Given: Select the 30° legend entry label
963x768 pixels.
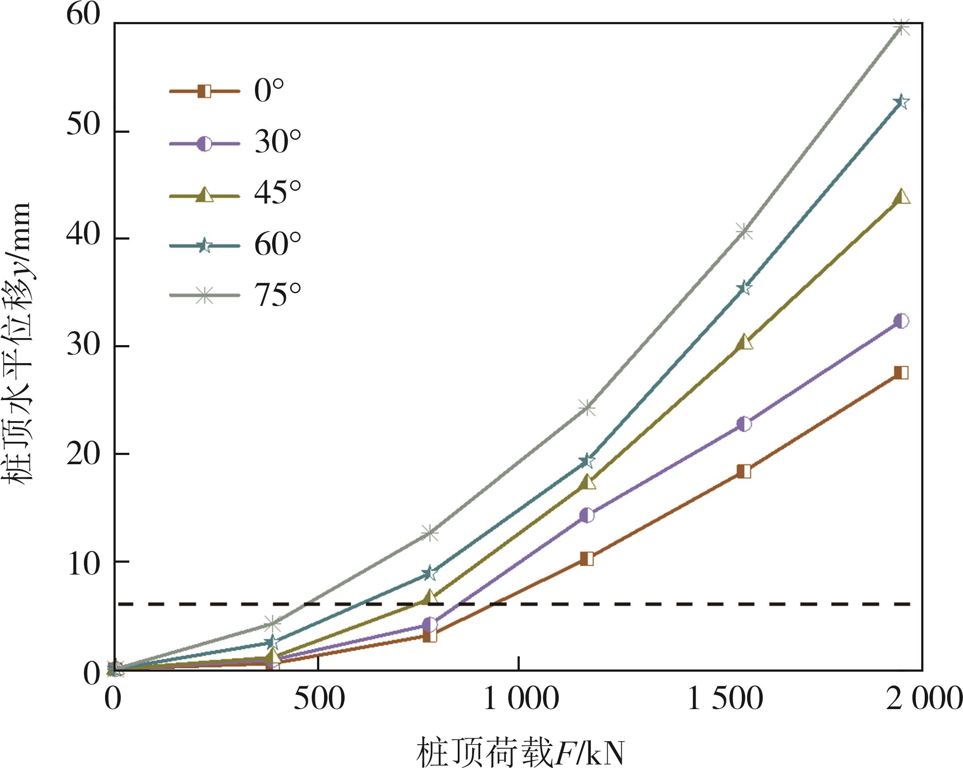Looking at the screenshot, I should (x=277, y=142).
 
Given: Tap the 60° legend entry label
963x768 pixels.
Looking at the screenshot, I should (x=277, y=245).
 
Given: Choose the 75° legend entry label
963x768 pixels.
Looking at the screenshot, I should (x=277, y=295).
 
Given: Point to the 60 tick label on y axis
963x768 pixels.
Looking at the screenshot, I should (x=83, y=15).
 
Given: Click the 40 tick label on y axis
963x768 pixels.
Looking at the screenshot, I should (x=83, y=235).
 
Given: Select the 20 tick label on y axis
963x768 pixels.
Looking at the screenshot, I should (x=83, y=455).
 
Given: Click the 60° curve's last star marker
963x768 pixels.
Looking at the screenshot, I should (x=901, y=102).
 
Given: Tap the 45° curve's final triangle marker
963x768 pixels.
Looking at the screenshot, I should (x=901, y=197).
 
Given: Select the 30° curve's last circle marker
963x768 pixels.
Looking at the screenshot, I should (x=901, y=320).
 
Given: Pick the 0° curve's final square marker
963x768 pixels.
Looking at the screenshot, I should (x=901, y=372).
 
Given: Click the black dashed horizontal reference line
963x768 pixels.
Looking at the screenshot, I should (x=670, y=604).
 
